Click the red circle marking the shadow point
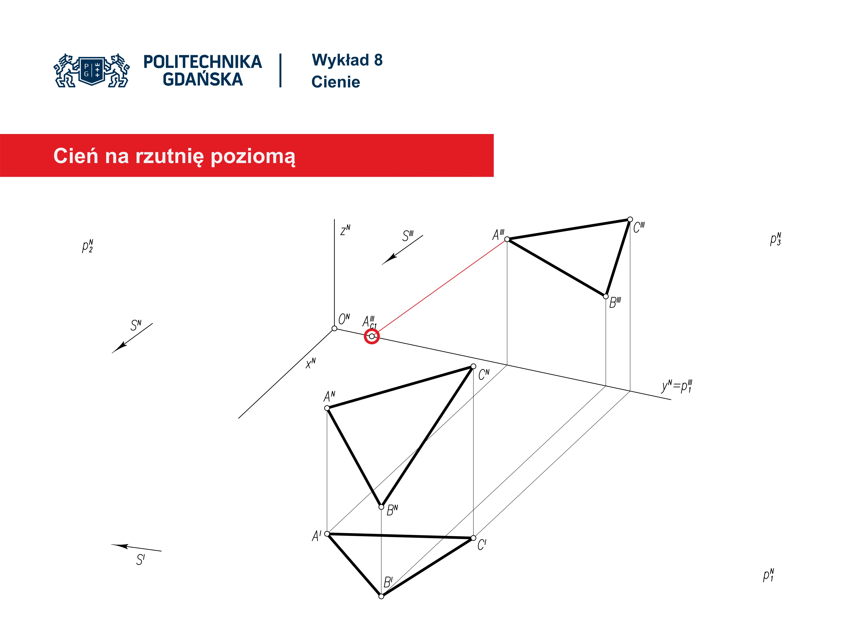pyautogui.click(x=372, y=337)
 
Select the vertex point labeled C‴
pyautogui.click(x=630, y=220)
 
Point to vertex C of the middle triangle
pyautogui.click(x=474, y=366)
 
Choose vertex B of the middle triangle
pyautogui.click(x=381, y=507)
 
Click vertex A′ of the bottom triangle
pyautogui.click(x=327, y=534)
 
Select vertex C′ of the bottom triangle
pyautogui.click(x=474, y=538)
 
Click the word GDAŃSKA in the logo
pyautogui.click(x=203, y=79)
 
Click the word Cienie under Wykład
pyautogui.click(x=335, y=82)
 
